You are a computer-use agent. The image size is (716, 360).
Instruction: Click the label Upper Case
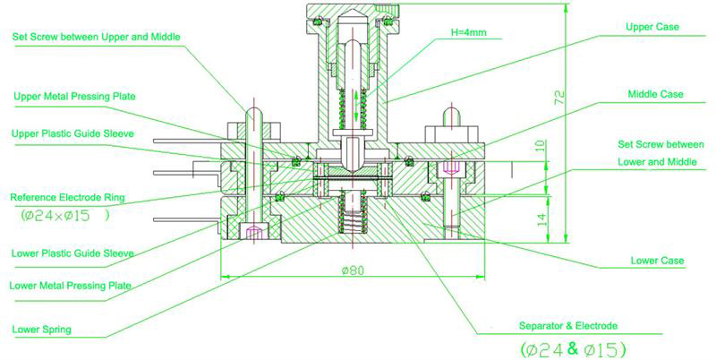(x=652, y=28)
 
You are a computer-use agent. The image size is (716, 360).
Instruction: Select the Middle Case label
(x=656, y=94)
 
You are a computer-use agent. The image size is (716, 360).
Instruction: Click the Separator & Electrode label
(x=567, y=324)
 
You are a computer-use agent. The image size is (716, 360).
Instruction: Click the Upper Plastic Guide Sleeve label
(x=73, y=133)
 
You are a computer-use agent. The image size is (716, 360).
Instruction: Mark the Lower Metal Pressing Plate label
(x=72, y=287)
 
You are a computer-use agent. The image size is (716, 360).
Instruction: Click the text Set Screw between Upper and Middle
(x=96, y=37)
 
